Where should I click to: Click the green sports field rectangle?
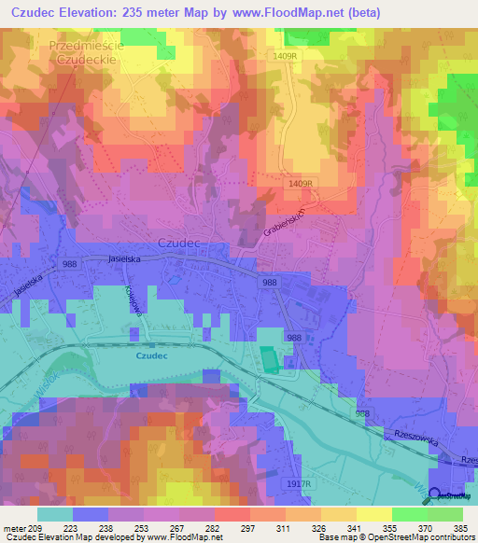(x=268, y=360)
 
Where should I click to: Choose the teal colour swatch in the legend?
(x=54, y=514)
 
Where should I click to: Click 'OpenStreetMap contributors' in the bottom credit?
(x=421, y=537)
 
